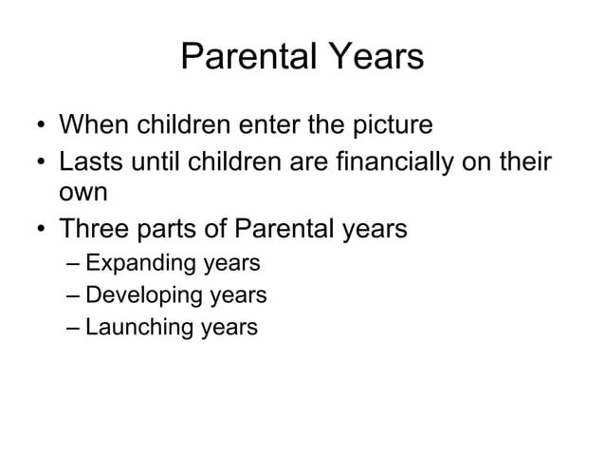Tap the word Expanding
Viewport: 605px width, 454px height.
tap(141, 263)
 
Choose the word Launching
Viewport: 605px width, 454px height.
tap(140, 329)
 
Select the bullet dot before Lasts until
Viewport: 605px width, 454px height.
tap(39, 160)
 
